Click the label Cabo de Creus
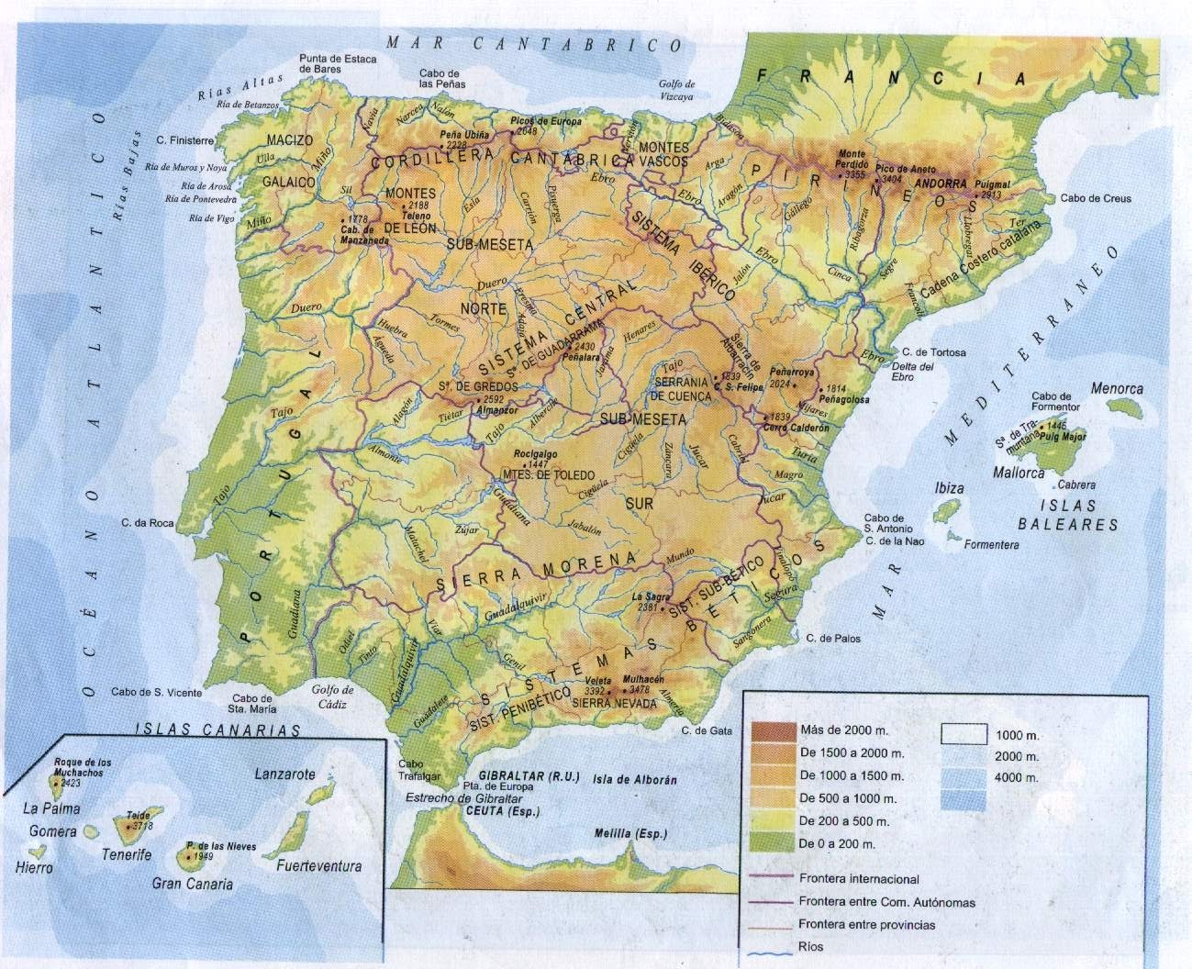1095,198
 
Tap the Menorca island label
1117,389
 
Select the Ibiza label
949,488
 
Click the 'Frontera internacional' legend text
859,879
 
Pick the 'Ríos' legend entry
811,946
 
